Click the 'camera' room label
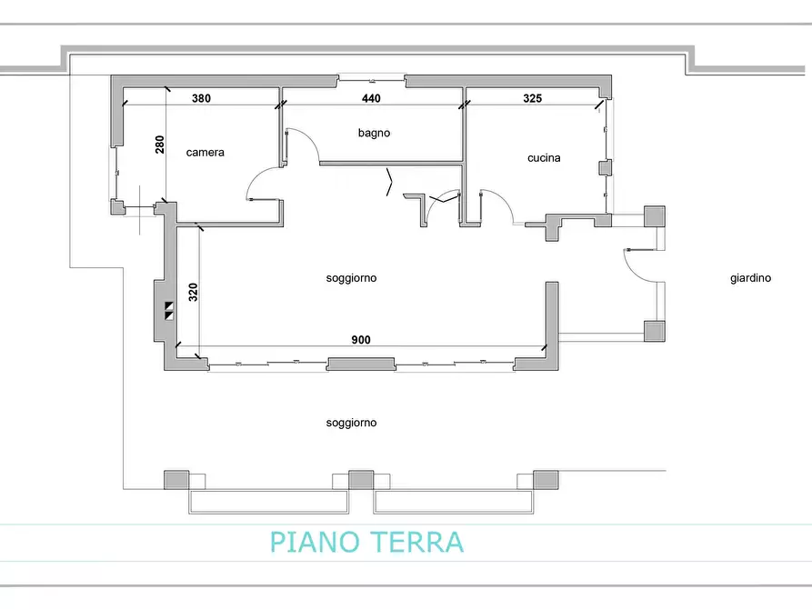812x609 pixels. pyautogui.click(x=205, y=153)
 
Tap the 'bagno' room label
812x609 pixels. pyautogui.click(x=374, y=133)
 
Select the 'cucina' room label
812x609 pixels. pyautogui.click(x=544, y=158)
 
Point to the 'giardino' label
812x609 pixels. pyautogui.click(x=750, y=278)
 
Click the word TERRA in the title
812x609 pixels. pyautogui.click(x=417, y=542)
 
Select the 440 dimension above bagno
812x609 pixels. pyautogui.click(x=371, y=98)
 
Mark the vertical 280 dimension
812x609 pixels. pyautogui.click(x=160, y=145)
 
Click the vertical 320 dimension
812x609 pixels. pyautogui.click(x=193, y=292)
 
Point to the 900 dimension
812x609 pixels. pyautogui.click(x=361, y=340)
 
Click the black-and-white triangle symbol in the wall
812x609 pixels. pyautogui.click(x=169, y=311)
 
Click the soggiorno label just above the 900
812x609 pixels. pyautogui.click(x=351, y=278)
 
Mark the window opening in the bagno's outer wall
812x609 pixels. pyautogui.click(x=371, y=80)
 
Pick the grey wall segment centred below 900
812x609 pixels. pyautogui.click(x=361, y=364)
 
